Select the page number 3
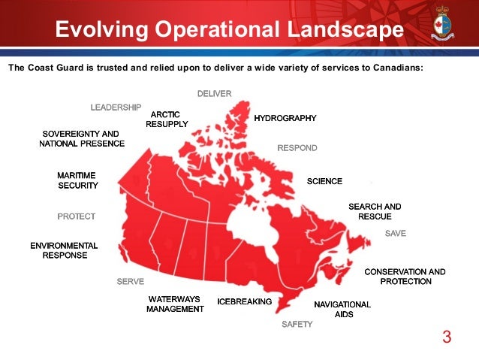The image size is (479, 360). click(447, 336)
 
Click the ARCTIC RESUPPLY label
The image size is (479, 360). click(166, 119)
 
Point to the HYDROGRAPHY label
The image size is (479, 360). click(285, 118)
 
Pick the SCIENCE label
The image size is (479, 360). click(324, 181)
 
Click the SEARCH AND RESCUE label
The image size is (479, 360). click(375, 211)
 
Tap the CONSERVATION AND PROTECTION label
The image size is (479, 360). click(405, 276)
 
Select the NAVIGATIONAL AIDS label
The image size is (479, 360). click(342, 309)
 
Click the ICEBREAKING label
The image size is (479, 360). click(244, 301)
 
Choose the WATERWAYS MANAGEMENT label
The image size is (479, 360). click(174, 304)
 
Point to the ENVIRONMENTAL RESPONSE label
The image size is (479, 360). click(64, 250)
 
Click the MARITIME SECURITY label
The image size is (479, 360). click(77, 180)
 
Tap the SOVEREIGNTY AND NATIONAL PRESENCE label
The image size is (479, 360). click(82, 138)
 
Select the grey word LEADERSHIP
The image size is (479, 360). click(116, 107)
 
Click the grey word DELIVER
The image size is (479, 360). click(214, 93)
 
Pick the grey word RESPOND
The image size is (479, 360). click(297, 148)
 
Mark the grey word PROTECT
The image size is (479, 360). click(77, 216)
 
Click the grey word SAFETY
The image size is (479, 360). click(297, 325)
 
